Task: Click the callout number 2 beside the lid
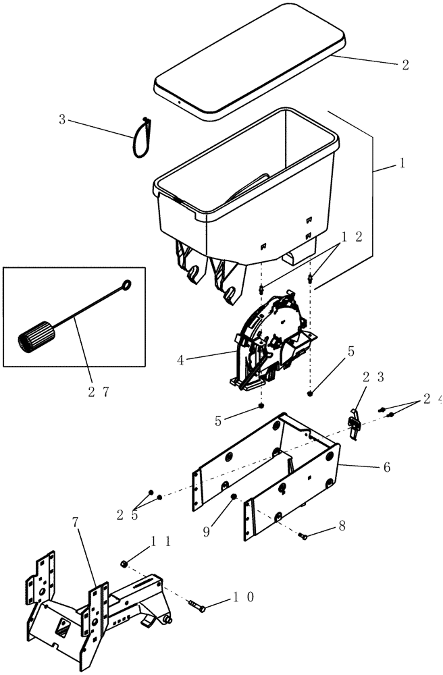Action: pyautogui.click(x=405, y=65)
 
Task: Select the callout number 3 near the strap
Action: pyautogui.click(x=62, y=120)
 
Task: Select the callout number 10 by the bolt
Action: pyautogui.click(x=244, y=597)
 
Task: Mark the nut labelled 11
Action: pyautogui.click(x=124, y=563)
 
